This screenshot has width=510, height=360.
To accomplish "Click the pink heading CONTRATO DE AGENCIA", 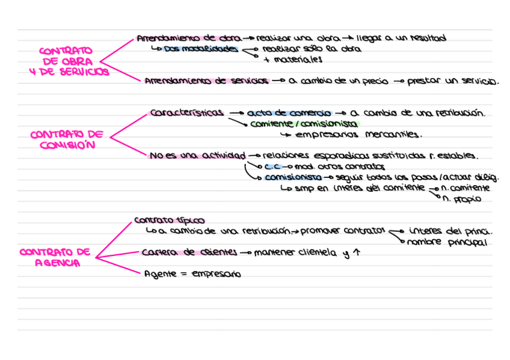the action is click(55, 257).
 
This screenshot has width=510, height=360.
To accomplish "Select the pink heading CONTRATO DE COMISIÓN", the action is click(67, 139).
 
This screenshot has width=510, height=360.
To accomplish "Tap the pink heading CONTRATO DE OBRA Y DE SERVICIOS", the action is click(69, 61).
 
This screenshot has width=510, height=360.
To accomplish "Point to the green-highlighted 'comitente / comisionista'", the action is click(304, 123).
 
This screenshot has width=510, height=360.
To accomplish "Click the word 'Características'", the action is click(187, 112).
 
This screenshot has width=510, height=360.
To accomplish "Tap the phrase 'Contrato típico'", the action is click(169, 220).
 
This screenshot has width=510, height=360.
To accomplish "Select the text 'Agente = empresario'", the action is click(192, 274).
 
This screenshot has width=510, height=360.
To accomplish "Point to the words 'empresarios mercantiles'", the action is click(360, 135).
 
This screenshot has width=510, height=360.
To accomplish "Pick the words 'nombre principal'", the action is click(447, 242).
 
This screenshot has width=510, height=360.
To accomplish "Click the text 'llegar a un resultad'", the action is click(401, 38).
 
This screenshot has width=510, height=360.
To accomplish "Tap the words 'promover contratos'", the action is click(342, 231).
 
